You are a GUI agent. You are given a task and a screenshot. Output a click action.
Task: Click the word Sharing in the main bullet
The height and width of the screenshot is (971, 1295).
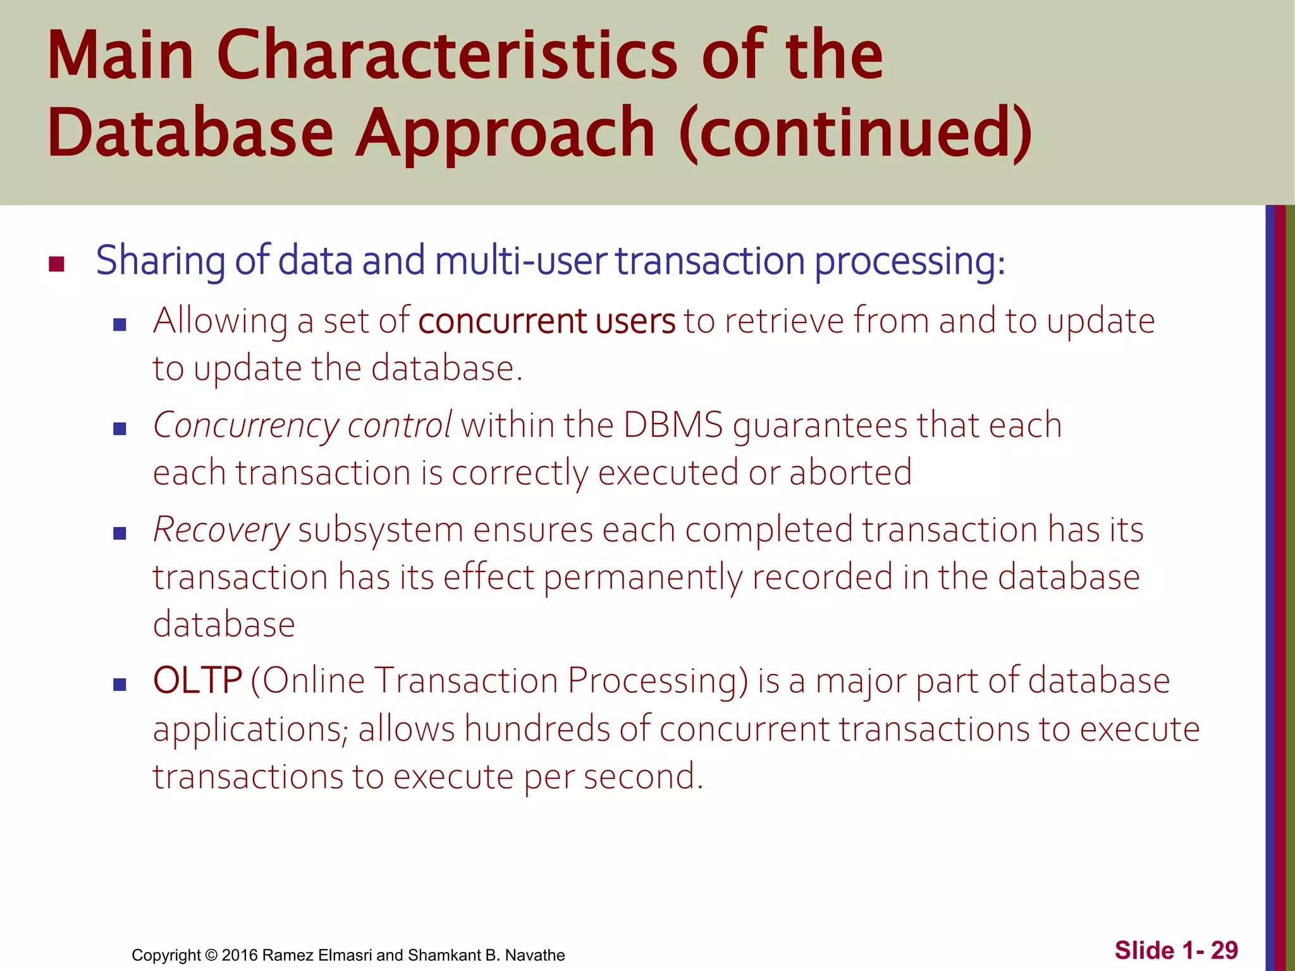coord(161,260)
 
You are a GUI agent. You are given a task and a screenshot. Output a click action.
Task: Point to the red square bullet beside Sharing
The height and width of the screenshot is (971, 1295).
coord(57,264)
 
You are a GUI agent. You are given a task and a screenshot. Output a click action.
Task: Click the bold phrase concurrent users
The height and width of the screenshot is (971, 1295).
coord(546,321)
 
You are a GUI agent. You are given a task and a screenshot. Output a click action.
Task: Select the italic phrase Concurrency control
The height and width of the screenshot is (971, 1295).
coord(302,425)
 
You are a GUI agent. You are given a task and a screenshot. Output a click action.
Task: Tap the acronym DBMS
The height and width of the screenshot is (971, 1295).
coord(672,425)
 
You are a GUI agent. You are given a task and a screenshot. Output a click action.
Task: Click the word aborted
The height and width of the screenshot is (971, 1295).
coord(850,472)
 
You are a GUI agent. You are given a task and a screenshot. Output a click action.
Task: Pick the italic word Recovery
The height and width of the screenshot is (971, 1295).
coord(221,530)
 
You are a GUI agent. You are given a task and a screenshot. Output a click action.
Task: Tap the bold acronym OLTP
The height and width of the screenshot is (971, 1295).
coord(197,681)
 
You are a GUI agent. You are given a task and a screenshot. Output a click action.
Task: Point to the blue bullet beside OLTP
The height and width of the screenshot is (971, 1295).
coord(120,685)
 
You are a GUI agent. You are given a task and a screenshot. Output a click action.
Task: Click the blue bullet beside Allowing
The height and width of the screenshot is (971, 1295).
coord(120,325)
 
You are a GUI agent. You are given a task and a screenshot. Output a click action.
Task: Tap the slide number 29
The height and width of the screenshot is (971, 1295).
coord(1224,950)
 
